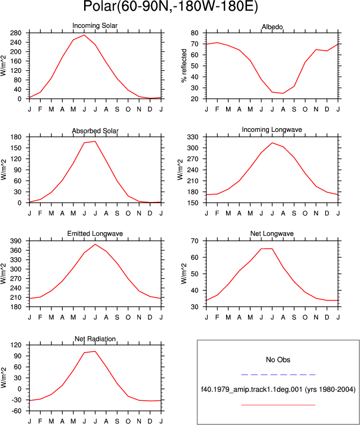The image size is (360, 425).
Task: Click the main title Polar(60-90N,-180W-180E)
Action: coord(170,6)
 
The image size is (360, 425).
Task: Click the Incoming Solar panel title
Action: coord(95,26)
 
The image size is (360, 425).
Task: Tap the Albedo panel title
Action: coord(272,27)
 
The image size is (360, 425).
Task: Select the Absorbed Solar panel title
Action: coord(95,131)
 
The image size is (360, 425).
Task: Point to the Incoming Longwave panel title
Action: coord(272,130)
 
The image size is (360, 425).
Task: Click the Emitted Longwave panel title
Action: coord(95,234)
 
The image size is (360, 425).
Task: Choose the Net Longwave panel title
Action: coord(272,234)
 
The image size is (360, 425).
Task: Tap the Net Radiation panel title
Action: coord(95,339)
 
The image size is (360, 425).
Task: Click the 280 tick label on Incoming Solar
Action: coord(16,33)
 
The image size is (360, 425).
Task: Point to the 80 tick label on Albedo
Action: coord(194,33)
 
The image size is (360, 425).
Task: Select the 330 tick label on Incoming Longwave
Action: coord(193,137)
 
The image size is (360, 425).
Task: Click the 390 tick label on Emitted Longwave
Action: coord(16,241)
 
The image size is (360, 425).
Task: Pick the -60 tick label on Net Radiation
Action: coord(16,411)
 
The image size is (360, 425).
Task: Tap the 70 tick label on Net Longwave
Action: coord(194,241)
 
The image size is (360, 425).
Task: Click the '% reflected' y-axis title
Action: coord(184,65)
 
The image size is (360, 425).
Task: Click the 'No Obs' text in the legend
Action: coord(278,360)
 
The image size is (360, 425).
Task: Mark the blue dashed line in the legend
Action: coord(278,375)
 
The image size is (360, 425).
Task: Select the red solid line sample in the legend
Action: coord(278,405)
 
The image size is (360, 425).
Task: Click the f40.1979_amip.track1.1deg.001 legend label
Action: coord(252,390)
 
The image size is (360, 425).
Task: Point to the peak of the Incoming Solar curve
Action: coord(84,35)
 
